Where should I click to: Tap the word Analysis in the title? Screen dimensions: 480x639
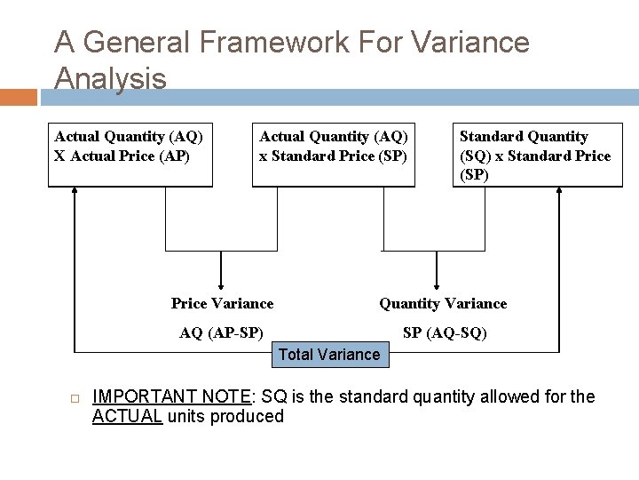pos(110,78)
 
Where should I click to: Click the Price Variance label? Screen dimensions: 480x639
pos(222,304)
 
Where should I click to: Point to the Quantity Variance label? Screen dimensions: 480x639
pos(443,304)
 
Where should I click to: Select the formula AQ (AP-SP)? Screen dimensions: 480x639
pos(221,333)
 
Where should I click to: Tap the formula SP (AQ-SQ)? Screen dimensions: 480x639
pos(445,333)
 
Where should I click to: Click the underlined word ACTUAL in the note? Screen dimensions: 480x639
pos(128,416)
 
